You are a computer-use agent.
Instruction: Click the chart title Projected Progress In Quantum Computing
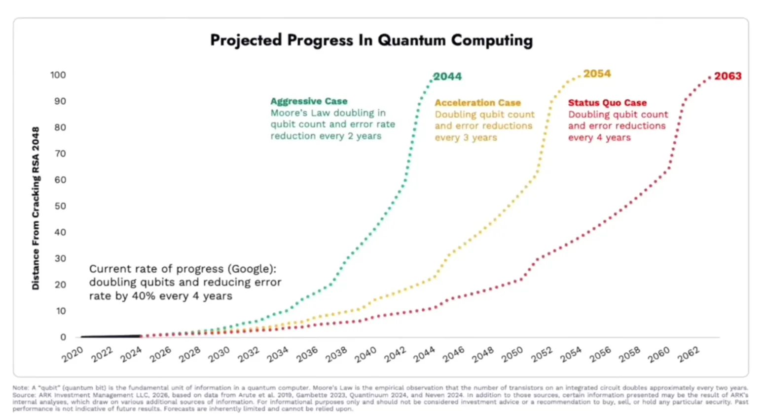tap(371, 40)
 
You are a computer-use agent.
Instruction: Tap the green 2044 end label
tap(447, 77)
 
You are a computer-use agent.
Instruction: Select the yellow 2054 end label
tap(597, 74)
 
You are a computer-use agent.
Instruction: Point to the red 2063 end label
tap(728, 76)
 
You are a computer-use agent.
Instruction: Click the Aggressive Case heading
tap(309, 101)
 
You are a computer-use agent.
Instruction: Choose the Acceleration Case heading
tap(477, 103)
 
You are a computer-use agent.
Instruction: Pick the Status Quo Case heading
tap(607, 103)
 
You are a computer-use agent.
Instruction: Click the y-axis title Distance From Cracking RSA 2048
tap(36, 208)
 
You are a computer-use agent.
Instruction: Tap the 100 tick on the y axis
tap(58, 75)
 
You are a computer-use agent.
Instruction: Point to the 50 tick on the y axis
tap(60, 206)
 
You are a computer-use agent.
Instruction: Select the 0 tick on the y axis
tap(63, 337)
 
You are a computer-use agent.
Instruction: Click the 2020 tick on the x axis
tap(73, 354)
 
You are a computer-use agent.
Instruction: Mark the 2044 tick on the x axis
tap(424, 354)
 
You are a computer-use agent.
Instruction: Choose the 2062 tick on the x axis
tap(688, 354)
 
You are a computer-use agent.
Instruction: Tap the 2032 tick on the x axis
tap(249, 354)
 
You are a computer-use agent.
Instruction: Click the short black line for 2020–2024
tap(111, 336)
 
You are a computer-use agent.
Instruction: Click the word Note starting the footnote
tap(20, 388)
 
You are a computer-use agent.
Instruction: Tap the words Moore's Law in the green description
tap(300, 113)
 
